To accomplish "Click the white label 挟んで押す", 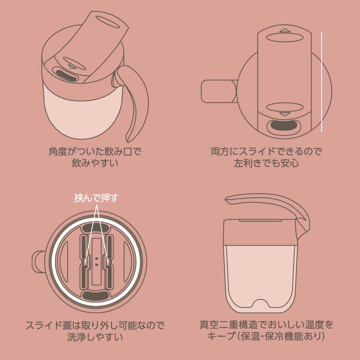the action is coord(96,198).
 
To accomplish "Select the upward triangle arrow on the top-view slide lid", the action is coord(285,30).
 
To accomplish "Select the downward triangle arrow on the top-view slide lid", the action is coord(285,114).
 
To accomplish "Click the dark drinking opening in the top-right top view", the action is coord(284,126).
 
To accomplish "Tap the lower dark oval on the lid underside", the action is coord(96,295).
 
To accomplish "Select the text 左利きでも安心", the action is coord(266,163).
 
